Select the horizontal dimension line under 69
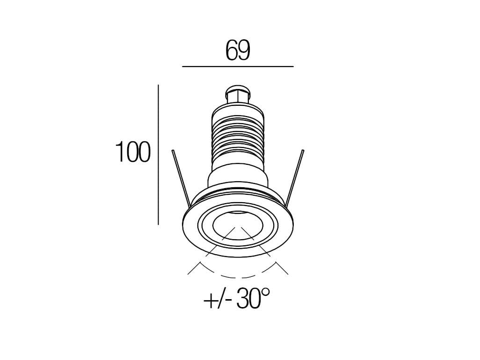pos(238,67)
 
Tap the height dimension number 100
pos(133,153)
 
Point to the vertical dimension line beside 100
pos(159,154)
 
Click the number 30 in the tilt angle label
pos(247,299)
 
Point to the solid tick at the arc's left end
pos(193,269)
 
